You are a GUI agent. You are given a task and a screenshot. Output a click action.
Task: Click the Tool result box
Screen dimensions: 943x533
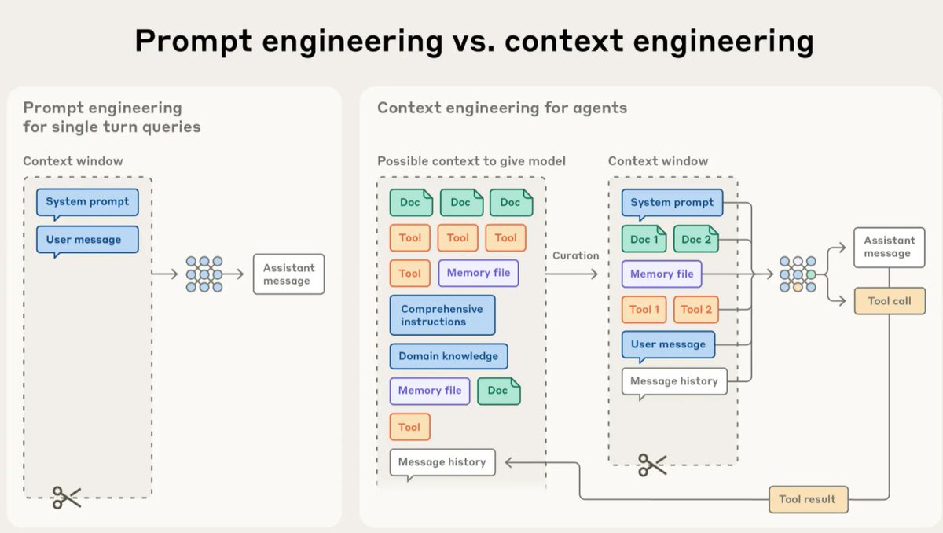[x=809, y=499]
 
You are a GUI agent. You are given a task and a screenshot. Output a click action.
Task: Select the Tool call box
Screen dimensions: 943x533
[x=890, y=301]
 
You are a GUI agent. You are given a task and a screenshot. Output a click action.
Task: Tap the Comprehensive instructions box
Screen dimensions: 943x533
[x=442, y=315]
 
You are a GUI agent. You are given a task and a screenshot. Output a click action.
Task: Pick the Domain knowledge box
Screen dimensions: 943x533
[x=449, y=356]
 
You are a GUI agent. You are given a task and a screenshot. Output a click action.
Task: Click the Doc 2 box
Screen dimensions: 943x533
[x=696, y=239]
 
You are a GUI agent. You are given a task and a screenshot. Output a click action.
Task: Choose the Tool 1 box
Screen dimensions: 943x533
[x=644, y=310]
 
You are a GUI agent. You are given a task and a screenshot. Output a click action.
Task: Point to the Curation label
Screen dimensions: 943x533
[x=575, y=255]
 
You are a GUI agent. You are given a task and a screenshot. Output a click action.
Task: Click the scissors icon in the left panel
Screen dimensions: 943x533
[x=67, y=498]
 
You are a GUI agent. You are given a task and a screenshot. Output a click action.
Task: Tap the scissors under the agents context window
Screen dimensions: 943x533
[x=652, y=465]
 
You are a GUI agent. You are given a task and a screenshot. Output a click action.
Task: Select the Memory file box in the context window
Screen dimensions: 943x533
[x=662, y=274]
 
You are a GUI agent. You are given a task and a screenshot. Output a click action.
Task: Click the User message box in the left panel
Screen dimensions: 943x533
[x=87, y=241]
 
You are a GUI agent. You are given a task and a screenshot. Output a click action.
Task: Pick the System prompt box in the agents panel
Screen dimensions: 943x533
[x=672, y=204]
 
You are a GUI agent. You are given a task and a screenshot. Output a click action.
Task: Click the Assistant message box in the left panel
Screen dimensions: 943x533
[x=289, y=274]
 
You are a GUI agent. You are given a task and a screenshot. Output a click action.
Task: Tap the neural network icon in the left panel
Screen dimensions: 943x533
[x=204, y=274]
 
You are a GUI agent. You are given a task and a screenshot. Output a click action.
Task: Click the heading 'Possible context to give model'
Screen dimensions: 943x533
[x=472, y=161]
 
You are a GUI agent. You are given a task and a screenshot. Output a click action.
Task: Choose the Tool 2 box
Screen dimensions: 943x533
[x=696, y=310]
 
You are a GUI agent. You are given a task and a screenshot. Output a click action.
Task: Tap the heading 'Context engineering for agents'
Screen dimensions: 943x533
[x=502, y=108]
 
